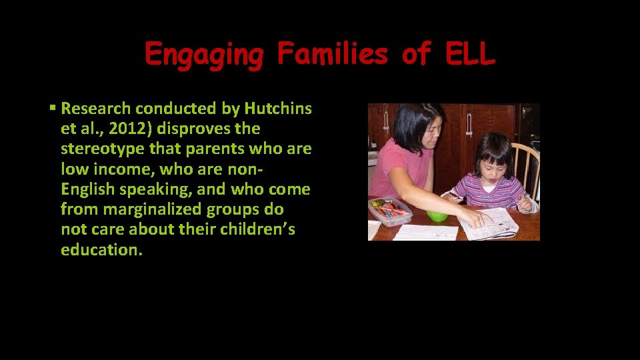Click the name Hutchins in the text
277,109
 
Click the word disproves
192,129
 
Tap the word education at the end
101,250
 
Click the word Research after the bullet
101,109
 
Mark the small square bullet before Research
53,107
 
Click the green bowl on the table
437,216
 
